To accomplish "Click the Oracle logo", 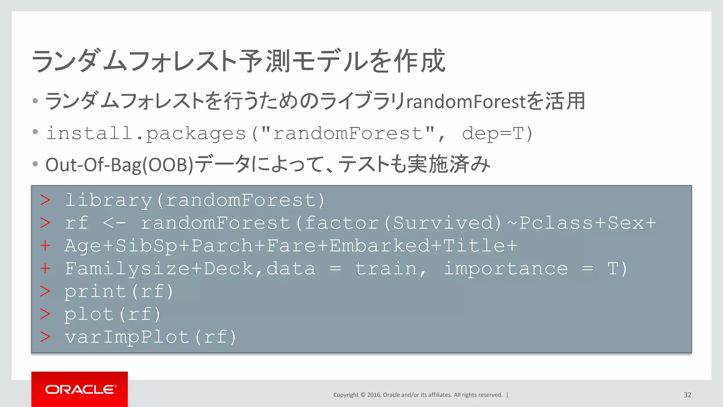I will (80, 389).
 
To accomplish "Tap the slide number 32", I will (687, 395).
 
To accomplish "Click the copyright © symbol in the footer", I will (363, 395).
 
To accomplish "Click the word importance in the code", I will (506, 269).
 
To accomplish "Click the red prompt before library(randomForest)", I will (45, 200).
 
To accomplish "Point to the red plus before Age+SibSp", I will (45, 246).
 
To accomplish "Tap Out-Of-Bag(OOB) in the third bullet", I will (119, 165).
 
